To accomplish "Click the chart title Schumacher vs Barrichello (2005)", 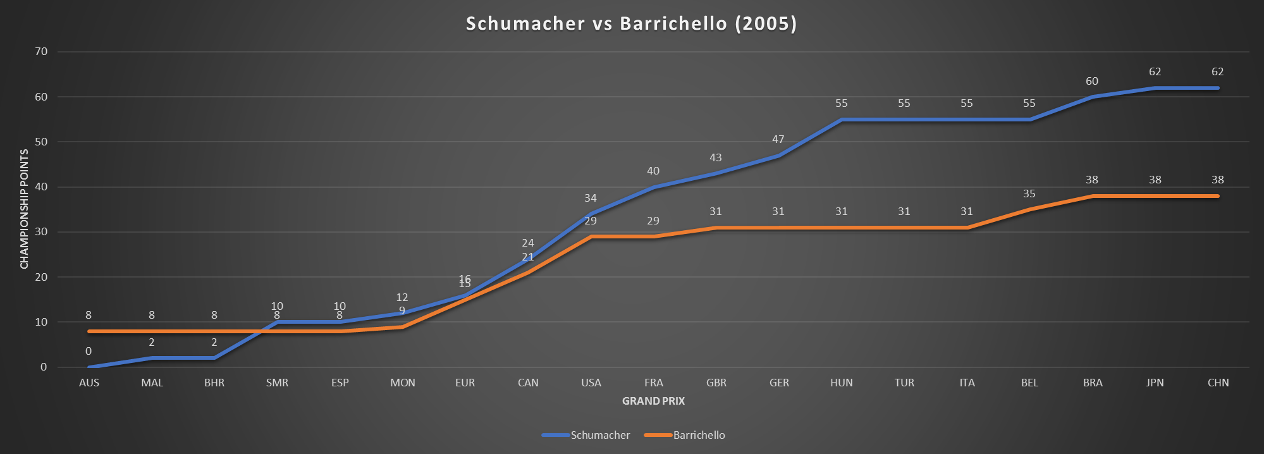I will pyautogui.click(x=631, y=23).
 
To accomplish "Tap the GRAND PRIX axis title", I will pyautogui.click(x=653, y=401).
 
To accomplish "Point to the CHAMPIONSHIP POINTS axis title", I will pyautogui.click(x=25, y=209).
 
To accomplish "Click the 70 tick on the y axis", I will pyautogui.click(x=41, y=52).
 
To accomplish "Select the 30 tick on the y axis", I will pyautogui.click(x=41, y=232).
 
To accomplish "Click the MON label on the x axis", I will pyautogui.click(x=403, y=383).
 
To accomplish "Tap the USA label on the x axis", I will pyautogui.click(x=591, y=383).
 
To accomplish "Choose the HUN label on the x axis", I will pyautogui.click(x=842, y=383).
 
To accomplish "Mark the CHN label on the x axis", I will pyautogui.click(x=1218, y=383).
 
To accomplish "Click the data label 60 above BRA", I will pyautogui.click(x=1092, y=81).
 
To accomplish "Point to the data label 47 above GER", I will pyautogui.click(x=778, y=139).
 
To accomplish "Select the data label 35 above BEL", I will pyautogui.click(x=1029, y=193).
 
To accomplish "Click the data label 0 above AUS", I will pyautogui.click(x=89, y=351).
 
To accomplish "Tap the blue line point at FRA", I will pyautogui.click(x=654, y=187).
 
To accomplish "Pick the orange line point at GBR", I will pyautogui.click(x=716, y=228).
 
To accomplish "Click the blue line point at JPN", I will pyautogui.click(x=1155, y=88).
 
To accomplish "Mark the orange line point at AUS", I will pyautogui.click(x=89, y=331).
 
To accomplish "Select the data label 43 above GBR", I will pyautogui.click(x=716, y=157).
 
